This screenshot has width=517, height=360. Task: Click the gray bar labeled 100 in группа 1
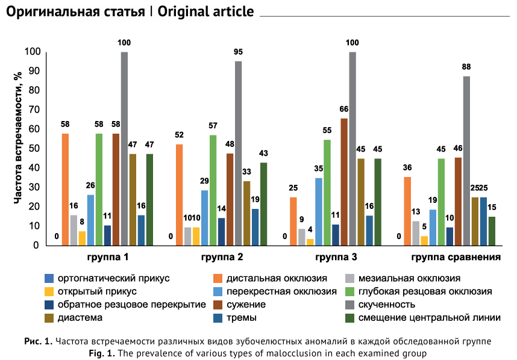coord(124,149)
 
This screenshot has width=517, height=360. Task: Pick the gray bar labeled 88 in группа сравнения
coord(466,161)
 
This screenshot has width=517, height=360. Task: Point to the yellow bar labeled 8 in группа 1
coord(82,238)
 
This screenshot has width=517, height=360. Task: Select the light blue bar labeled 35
coord(319,212)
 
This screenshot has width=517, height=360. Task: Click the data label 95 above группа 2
coord(239,52)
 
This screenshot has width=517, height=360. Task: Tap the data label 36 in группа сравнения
coord(407,167)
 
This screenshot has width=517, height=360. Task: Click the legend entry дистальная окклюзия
coord(277,278)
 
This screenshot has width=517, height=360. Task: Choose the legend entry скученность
coord(387,304)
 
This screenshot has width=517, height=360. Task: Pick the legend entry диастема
coord(80,317)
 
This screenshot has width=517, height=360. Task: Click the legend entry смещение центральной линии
coord(429,317)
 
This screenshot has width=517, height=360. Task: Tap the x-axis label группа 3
coord(336,258)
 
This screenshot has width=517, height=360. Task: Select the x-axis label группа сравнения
coord(457,258)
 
